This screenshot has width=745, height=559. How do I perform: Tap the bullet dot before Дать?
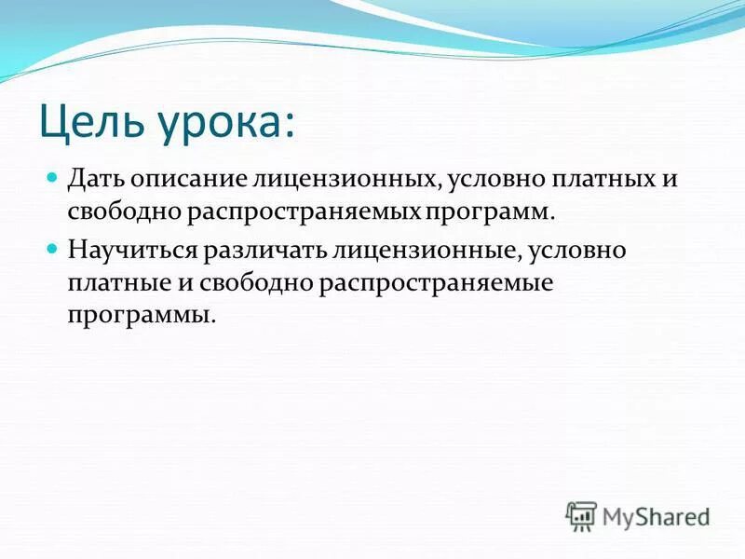click(x=54, y=177)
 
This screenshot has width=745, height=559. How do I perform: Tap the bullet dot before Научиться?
click(x=54, y=249)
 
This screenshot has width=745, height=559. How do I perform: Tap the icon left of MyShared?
click(x=581, y=516)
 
